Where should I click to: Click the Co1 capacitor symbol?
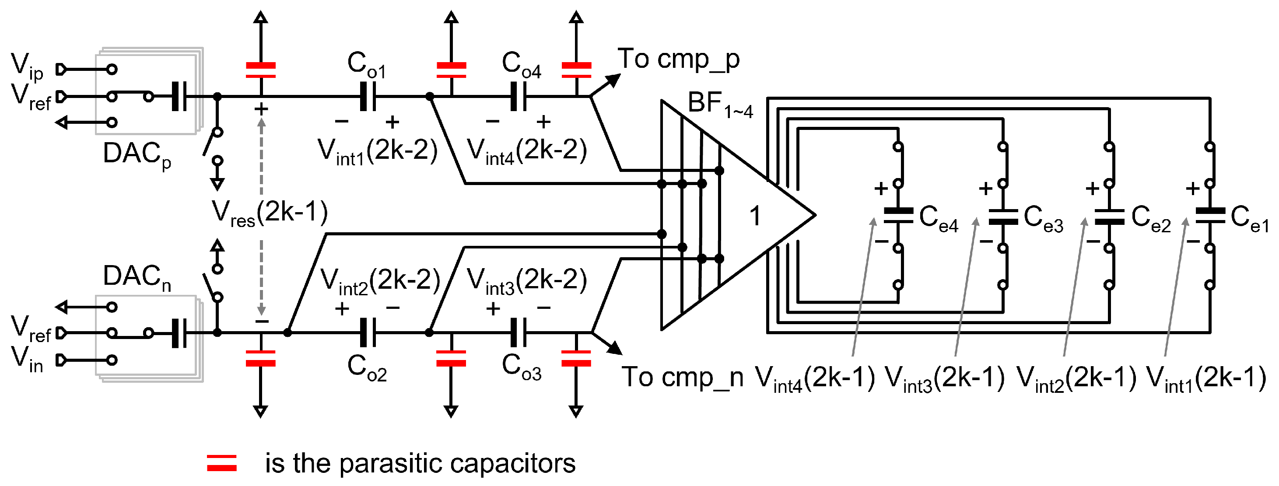coord(368,96)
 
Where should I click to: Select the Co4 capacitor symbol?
coord(519,96)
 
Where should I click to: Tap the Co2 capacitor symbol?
coord(368,332)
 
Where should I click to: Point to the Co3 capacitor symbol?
coord(519,332)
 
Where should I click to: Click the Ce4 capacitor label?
coord(939,218)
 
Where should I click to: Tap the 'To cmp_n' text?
coord(683,377)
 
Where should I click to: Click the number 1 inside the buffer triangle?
coord(755,216)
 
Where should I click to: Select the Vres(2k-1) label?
coord(270,213)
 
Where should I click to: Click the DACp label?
coord(137,155)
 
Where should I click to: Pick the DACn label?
coord(137,278)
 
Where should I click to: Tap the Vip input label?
coord(27,66)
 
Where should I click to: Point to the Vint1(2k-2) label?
coord(377,151)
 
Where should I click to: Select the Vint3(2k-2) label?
coord(527,281)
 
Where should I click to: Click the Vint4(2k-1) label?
coord(815,379)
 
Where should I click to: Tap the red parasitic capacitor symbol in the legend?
coord(222,463)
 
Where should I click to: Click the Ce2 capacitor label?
coord(1151,218)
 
